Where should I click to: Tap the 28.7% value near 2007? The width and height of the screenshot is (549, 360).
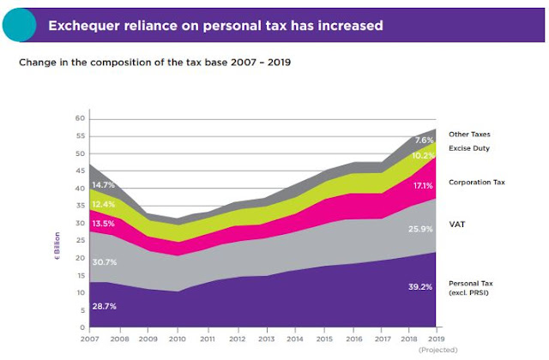106,306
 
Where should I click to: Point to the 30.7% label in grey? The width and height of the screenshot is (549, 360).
106,262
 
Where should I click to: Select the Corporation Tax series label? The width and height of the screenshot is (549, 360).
475,183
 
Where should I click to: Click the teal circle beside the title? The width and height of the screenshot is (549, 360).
16,25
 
